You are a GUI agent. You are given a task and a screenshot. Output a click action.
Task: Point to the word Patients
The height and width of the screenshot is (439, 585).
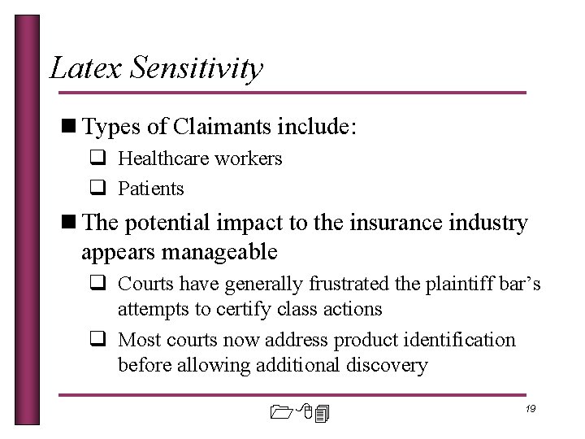coord(151,189)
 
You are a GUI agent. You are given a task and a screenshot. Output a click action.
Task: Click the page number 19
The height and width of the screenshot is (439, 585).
coord(530,409)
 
